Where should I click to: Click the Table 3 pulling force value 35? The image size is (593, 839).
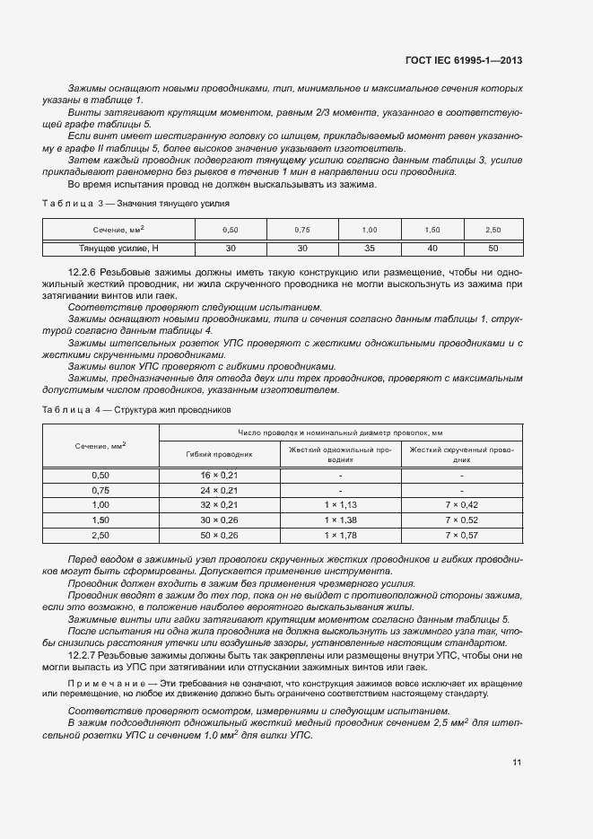coord(371,248)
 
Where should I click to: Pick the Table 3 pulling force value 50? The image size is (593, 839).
coord(493,248)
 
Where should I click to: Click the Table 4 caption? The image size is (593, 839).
coord(137,408)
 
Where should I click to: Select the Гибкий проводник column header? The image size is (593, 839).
coord(220,454)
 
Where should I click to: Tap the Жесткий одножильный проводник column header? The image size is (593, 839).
coord(341,453)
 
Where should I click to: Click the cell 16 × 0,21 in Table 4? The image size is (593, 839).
coord(219,474)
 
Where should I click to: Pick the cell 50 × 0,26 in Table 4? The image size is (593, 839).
coord(219,535)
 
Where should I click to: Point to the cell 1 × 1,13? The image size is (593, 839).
coord(341,504)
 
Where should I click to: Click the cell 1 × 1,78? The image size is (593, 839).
coord(341,535)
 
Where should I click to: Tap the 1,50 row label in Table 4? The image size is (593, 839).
coord(100,520)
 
